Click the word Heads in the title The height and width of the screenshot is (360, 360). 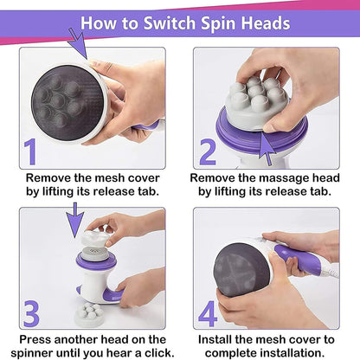262,23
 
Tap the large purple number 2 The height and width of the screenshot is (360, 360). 208,152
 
